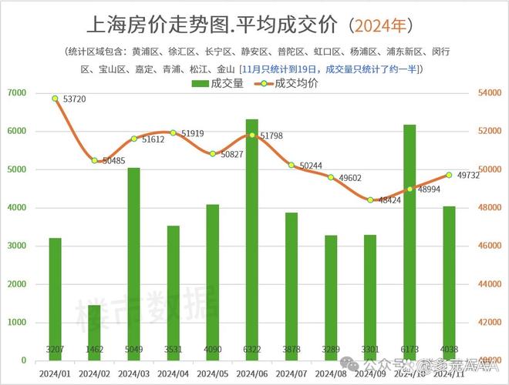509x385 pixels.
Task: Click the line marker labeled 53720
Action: tap(56, 99)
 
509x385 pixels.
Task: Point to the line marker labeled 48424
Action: tap(370, 200)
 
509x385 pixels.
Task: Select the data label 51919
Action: tap(198, 133)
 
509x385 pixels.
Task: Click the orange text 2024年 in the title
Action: tap(380, 25)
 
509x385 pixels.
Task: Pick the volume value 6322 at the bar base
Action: tap(251, 348)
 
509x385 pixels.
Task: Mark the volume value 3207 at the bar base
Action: tap(56, 348)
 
